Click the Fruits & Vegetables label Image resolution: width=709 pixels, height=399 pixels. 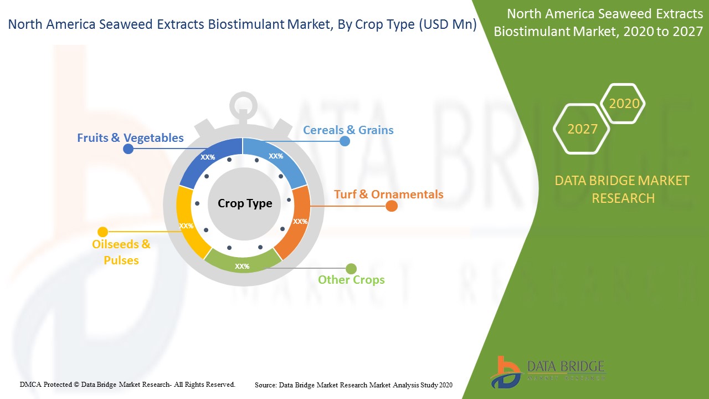pos(130,138)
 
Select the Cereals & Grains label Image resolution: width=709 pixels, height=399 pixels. pos(348,130)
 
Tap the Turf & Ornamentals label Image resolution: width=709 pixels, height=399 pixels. pos(389,194)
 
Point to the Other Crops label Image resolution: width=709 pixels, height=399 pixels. pos(351,280)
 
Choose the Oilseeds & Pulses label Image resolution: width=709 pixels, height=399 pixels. pos(121,252)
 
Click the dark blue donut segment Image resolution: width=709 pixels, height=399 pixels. pos(209,161)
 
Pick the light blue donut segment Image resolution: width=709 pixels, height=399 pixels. pos(276,160)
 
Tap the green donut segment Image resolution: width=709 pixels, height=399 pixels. pos(243,263)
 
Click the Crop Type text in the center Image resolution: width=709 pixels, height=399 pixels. pos(245,203)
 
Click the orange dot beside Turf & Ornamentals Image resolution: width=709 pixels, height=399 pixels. pos(392,206)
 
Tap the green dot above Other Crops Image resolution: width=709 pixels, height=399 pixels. pos(351,269)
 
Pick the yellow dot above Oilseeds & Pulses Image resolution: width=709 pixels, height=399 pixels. pos(103,232)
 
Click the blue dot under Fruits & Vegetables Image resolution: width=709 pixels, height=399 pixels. pos(128,149)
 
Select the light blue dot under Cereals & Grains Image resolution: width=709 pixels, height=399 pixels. pos(345,141)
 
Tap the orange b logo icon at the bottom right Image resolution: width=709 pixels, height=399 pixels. pos(506,372)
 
